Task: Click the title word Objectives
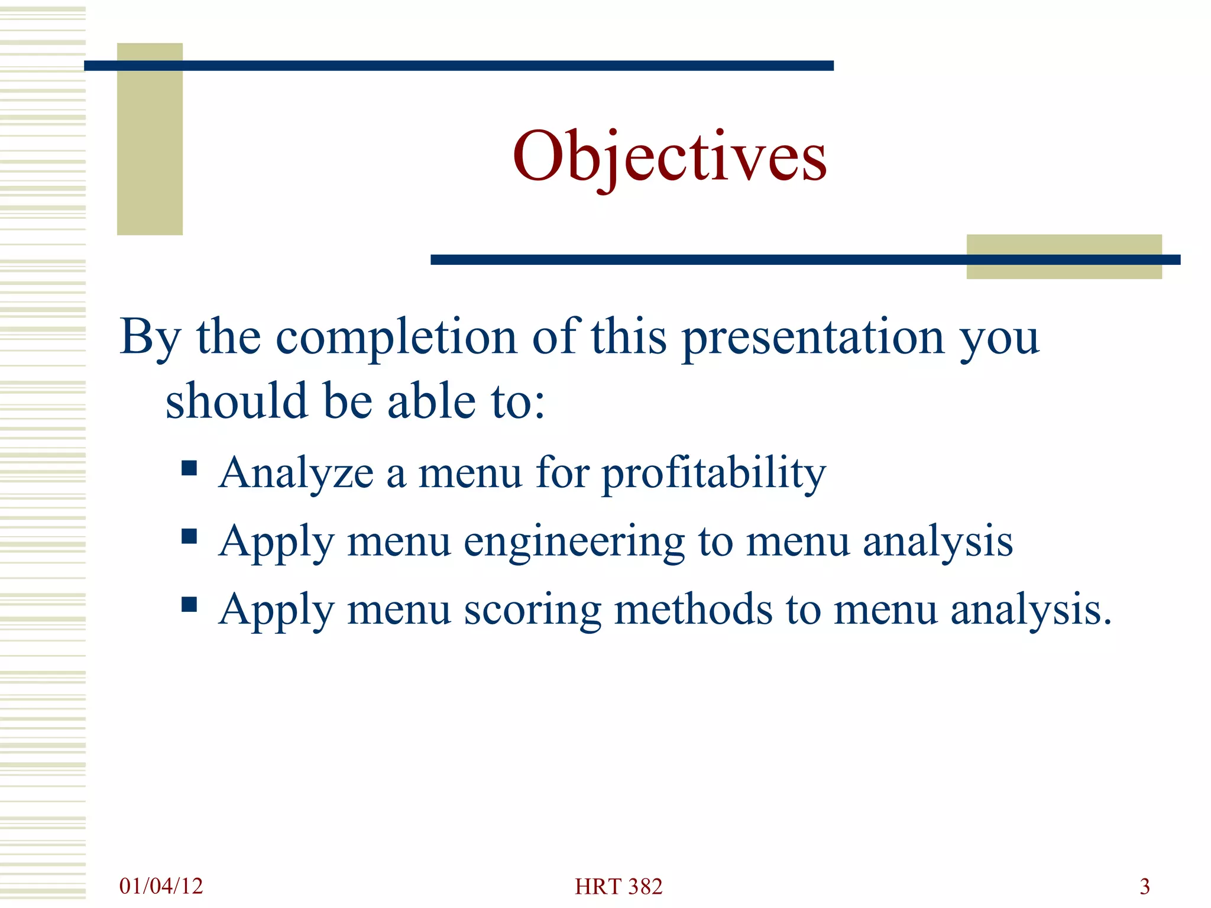point(669,157)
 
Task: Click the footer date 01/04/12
point(161,886)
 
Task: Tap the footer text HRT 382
point(619,886)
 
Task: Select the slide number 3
point(1145,886)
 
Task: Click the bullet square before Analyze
point(189,469)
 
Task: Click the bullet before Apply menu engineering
point(189,537)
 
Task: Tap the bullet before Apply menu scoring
point(189,605)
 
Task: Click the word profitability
point(713,475)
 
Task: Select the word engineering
point(574,542)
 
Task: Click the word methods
point(693,609)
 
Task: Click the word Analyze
point(296,475)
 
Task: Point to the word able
point(431,401)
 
